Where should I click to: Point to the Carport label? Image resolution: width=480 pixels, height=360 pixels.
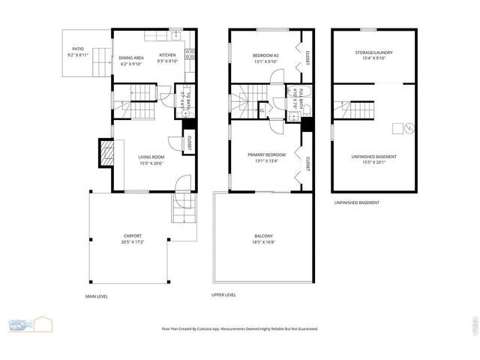tap(132, 236)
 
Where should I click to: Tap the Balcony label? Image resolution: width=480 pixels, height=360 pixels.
tap(263, 236)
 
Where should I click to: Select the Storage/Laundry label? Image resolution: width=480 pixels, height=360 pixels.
tap(373, 52)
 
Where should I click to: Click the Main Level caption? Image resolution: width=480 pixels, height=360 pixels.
tap(97, 296)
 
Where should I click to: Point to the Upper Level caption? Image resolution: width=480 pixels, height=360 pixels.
tap(223, 295)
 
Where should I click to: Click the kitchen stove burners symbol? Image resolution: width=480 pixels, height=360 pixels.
tap(190, 54)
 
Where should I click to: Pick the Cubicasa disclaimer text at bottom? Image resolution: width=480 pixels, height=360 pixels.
tap(240, 328)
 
